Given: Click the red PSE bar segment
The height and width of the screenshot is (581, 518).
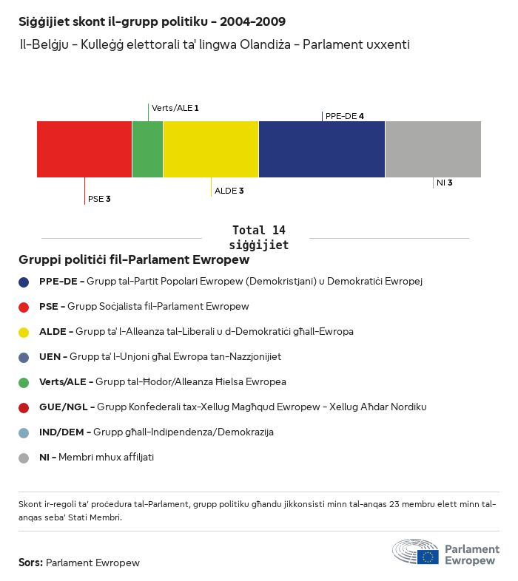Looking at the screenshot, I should (x=84, y=149).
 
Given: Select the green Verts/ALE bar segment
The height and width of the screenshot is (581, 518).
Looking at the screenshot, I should (x=147, y=149).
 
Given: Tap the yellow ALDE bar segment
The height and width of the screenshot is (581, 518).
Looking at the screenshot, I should (x=211, y=149).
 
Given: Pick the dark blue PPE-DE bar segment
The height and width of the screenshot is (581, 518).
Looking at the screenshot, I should (x=322, y=149).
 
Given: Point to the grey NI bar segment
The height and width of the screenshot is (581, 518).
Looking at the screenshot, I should (x=433, y=149).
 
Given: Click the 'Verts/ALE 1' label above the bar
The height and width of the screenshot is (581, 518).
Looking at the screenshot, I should (x=175, y=108).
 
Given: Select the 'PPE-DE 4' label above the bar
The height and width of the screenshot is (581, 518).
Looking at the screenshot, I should (x=345, y=116).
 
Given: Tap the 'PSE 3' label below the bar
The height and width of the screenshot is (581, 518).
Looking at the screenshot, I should (x=99, y=199).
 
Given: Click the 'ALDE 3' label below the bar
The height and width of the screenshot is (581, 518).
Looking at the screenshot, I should (x=229, y=191).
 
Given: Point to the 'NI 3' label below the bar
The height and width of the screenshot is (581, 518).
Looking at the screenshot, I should (x=445, y=183).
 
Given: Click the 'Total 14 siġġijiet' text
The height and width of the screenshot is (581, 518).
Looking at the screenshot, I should (x=259, y=237).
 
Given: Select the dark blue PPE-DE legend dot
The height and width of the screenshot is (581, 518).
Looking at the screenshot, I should (x=24, y=282).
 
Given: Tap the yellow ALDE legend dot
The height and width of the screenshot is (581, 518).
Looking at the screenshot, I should (x=24, y=332).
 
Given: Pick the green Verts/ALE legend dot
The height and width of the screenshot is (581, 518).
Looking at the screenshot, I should (x=24, y=382).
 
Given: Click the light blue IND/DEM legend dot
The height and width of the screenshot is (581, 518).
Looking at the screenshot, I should (x=24, y=432).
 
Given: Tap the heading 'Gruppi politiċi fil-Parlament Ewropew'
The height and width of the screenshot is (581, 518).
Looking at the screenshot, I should (x=134, y=260).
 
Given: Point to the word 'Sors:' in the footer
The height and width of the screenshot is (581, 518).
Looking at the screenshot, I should (x=30, y=563).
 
